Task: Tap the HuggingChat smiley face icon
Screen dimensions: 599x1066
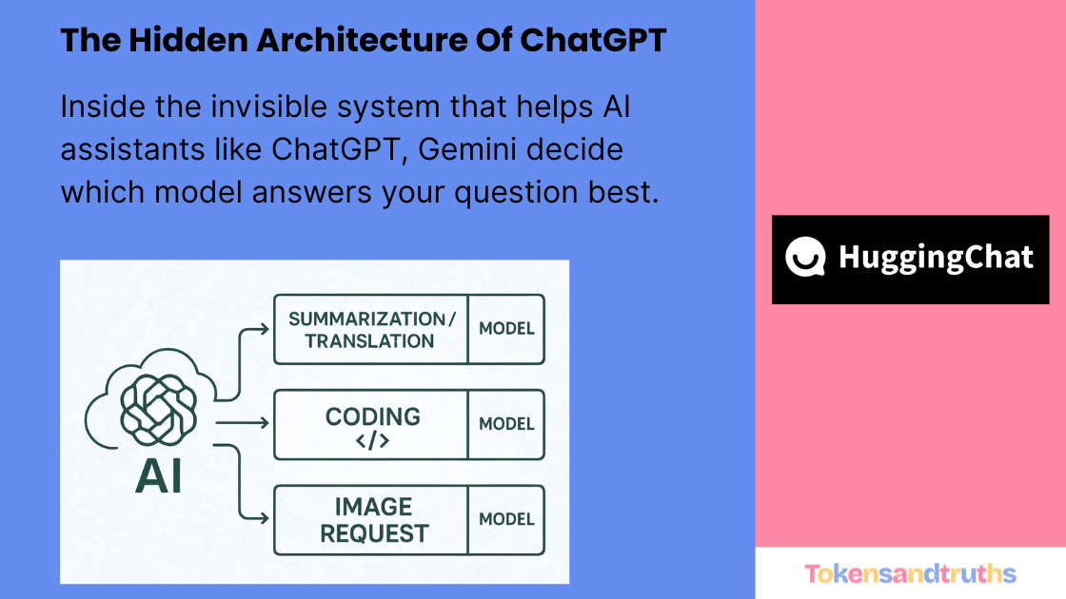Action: [x=805, y=258]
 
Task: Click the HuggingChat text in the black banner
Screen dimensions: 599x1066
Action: [x=936, y=258]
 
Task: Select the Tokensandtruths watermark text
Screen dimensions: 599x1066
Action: [x=910, y=573]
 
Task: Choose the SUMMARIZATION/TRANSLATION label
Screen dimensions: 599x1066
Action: [x=371, y=329]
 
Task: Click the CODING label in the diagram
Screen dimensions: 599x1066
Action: [x=372, y=416]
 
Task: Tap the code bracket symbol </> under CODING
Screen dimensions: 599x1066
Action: [x=372, y=441]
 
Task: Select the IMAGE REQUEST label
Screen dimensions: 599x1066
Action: [x=373, y=519]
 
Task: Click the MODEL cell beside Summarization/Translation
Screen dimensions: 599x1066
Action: [x=506, y=329]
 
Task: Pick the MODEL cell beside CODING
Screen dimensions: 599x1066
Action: [x=506, y=424]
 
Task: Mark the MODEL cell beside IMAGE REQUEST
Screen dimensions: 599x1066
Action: [x=506, y=519]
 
